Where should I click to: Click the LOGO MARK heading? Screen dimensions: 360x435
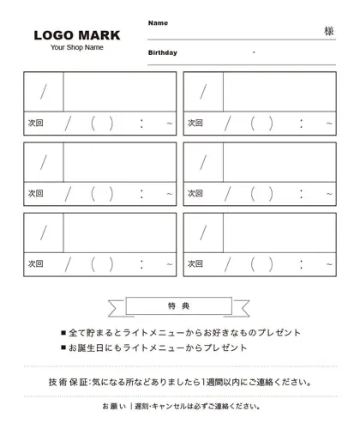pyautogui.click(x=77, y=35)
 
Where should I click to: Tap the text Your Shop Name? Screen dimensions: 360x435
pyautogui.click(x=77, y=47)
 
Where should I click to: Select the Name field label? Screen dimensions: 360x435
pyautogui.click(x=158, y=22)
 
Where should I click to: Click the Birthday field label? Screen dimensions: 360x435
pyautogui.click(x=162, y=52)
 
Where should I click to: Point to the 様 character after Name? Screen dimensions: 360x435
pyautogui.click(x=329, y=30)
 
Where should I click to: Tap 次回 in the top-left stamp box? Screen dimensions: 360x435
pyautogui.click(x=35, y=124)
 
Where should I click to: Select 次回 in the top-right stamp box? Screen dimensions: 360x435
pyautogui.click(x=195, y=124)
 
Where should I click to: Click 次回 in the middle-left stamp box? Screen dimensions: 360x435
pyautogui.click(x=35, y=194)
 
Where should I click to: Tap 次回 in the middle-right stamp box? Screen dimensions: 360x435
pyautogui.click(x=195, y=194)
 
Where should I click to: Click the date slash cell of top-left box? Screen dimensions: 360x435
pyautogui.click(x=44, y=92)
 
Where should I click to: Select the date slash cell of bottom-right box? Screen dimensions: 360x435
pyautogui.click(x=203, y=233)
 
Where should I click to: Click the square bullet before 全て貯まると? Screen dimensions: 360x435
pyautogui.click(x=63, y=333)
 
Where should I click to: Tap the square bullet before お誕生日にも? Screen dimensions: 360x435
pyautogui.click(x=63, y=349)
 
